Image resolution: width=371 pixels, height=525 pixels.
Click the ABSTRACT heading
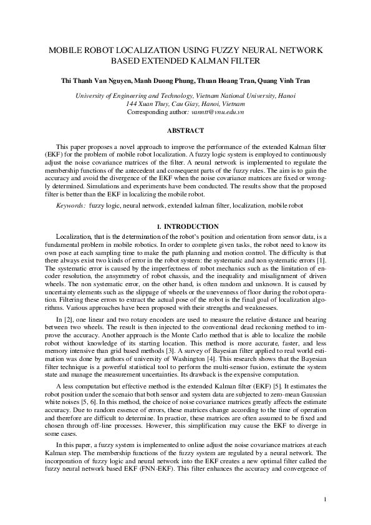185,130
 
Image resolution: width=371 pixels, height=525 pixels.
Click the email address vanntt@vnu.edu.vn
217,112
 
